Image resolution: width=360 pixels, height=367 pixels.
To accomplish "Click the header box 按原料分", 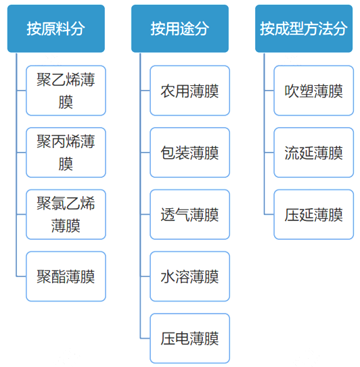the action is (56, 28).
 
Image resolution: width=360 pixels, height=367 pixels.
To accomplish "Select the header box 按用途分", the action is (180, 28).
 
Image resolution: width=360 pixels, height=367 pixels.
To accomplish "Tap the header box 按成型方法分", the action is (304, 28).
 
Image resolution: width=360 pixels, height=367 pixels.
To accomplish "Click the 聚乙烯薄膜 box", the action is (66, 91).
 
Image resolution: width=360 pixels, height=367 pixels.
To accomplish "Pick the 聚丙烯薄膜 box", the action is (66, 152).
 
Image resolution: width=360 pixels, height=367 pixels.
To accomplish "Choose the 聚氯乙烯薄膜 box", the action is (66, 214).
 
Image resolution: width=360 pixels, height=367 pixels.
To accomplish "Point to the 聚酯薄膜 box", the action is (66, 276).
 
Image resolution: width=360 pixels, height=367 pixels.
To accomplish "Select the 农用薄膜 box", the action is (190, 91).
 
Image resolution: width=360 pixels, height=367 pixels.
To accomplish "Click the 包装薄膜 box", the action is (190, 152).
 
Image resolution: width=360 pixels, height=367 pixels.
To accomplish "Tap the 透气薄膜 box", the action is (190, 214).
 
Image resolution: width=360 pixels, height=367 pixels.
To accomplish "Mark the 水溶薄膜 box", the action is (190, 276).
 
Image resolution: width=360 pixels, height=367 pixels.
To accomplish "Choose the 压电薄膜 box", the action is (190, 339).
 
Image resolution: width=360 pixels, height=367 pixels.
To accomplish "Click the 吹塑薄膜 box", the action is (313, 91).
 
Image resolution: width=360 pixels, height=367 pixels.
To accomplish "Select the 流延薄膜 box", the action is (313, 152).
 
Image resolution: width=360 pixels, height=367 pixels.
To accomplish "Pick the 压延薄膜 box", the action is (313, 214).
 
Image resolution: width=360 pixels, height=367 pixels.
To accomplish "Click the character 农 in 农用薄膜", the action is (168, 91).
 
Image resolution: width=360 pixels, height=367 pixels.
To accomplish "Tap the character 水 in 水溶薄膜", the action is (168, 277).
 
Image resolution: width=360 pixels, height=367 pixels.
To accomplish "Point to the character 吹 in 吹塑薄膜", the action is (292, 91).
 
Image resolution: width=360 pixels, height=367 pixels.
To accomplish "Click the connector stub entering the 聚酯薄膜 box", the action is (21, 276).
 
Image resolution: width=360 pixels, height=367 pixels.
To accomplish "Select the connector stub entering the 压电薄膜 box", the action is (145, 339).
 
